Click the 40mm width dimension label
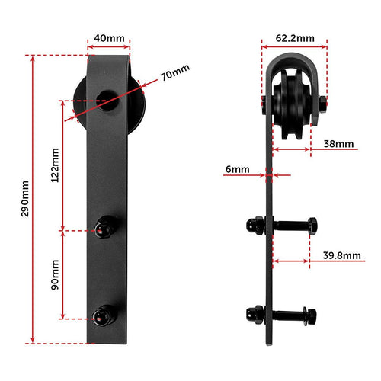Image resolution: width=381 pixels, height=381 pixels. pyautogui.click(x=107, y=37)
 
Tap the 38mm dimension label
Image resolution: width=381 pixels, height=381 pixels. pyautogui.click(x=338, y=143)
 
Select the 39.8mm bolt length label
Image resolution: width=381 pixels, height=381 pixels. pyautogui.click(x=341, y=255)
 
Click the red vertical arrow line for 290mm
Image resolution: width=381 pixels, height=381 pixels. pyautogui.click(x=33, y=198)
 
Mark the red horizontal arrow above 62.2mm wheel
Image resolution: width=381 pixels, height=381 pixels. pyautogui.click(x=293, y=45)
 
